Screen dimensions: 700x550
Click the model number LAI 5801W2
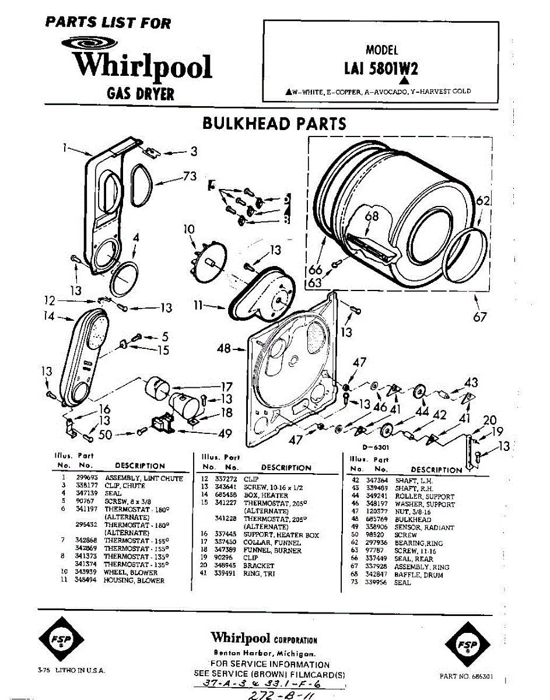click(381, 69)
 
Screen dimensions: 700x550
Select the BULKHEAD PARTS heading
click(274, 124)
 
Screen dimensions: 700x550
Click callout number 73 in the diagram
click(190, 177)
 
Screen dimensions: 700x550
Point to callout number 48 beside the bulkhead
click(223, 349)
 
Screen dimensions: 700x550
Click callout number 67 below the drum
click(480, 317)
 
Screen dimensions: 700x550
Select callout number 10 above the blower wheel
click(189, 229)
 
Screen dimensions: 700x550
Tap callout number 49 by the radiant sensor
click(225, 433)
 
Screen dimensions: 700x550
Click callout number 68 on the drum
click(372, 216)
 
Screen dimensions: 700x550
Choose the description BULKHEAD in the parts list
click(412, 520)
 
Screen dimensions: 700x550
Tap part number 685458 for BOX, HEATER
click(226, 495)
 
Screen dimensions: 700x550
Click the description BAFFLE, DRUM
click(418, 575)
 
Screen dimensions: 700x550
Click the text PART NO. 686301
click(466, 676)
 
